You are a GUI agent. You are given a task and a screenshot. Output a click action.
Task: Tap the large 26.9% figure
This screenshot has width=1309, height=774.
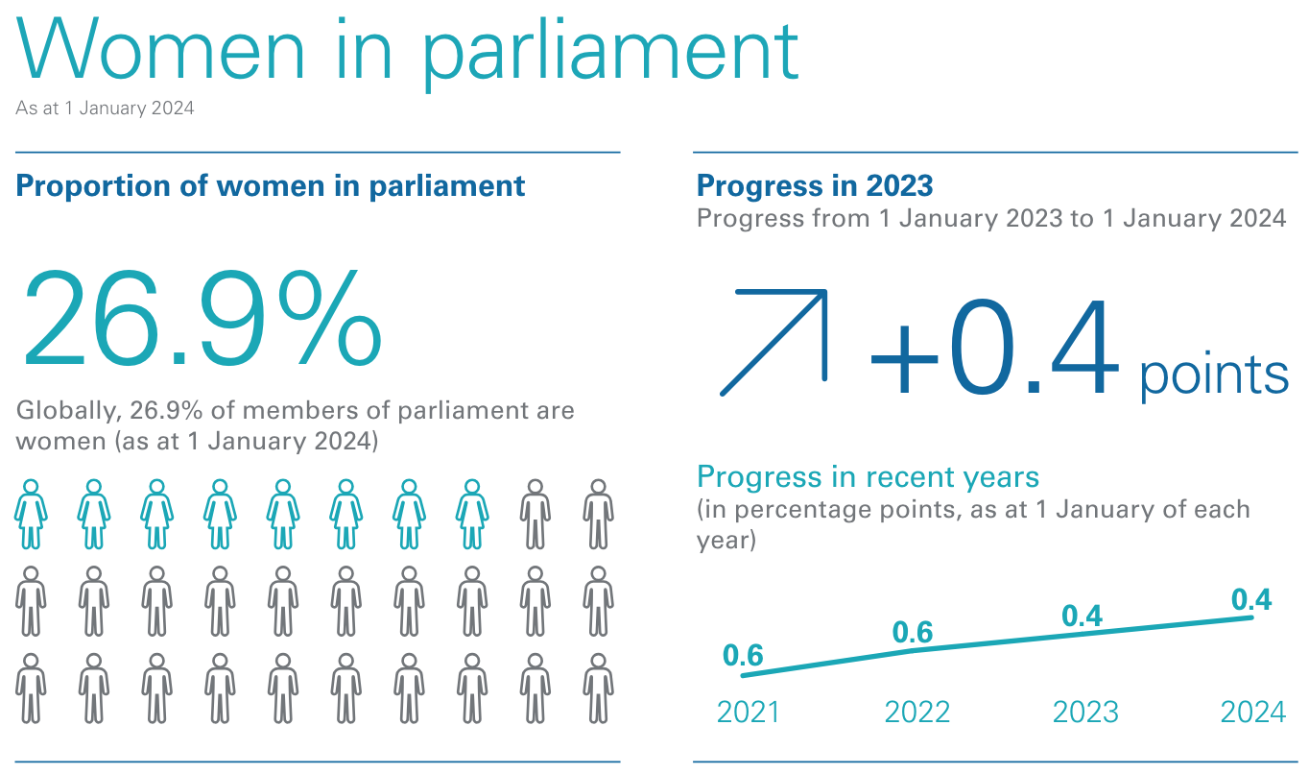coord(201,319)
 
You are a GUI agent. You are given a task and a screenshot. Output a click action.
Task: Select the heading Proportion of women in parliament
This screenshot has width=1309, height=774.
coord(271,185)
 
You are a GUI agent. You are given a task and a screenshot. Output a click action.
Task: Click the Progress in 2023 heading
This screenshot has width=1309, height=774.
coord(815,185)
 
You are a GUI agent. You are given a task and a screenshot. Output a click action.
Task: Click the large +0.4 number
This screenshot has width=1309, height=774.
coord(994,351)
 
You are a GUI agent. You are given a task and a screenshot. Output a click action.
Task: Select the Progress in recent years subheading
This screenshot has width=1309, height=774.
coord(868,476)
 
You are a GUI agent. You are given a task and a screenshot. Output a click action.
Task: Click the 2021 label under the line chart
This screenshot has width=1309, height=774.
coord(749,713)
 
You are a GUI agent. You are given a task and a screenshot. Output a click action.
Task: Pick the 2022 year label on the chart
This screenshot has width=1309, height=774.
coord(916,713)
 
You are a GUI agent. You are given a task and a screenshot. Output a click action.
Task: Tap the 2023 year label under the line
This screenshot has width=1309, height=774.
coord(1085,713)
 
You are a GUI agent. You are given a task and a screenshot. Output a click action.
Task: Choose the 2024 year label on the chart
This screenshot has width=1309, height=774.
coord(1252,713)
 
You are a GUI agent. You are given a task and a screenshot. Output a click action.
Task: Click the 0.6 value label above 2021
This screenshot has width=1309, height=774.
coord(743,656)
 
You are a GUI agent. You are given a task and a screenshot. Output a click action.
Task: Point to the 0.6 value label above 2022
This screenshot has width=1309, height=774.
coord(913,632)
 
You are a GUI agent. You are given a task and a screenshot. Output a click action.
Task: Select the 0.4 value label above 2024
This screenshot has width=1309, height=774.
coord(1251,600)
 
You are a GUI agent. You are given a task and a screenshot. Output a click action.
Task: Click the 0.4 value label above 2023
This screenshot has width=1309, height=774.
coord(1083,617)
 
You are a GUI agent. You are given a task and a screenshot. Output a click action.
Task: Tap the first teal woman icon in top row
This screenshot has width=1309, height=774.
coord(31,515)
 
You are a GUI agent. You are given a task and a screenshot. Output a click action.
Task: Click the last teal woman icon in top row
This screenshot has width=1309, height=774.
coord(472,515)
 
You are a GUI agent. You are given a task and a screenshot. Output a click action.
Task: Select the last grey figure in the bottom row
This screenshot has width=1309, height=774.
coord(598,688)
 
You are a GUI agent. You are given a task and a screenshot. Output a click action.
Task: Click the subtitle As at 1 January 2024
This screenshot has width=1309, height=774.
coord(105,109)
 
